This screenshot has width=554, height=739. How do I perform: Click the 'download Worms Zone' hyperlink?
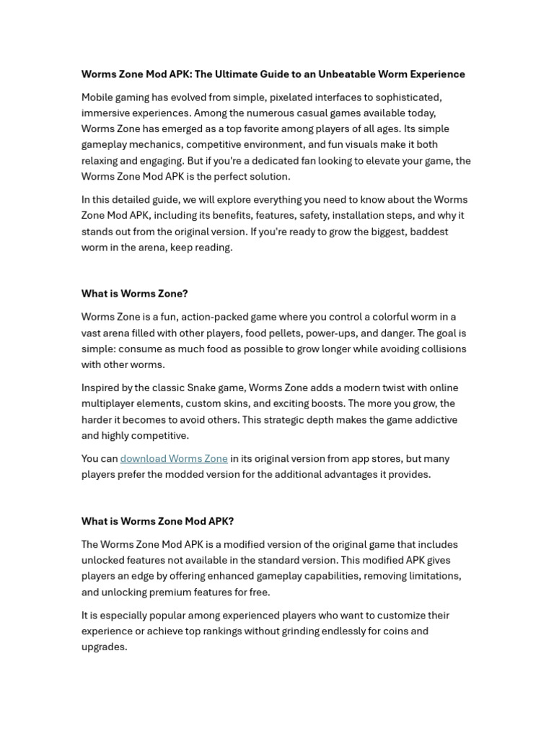174,459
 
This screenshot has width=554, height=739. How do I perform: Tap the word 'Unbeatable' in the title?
338,74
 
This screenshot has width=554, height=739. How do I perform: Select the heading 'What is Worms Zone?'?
134,294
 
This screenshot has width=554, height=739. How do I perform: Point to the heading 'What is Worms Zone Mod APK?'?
157,521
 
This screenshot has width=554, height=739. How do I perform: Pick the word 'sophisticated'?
407,97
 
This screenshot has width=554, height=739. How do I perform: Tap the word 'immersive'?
105,113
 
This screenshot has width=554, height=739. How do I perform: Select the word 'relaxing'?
101,161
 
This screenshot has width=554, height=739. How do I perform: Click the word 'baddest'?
424,232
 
